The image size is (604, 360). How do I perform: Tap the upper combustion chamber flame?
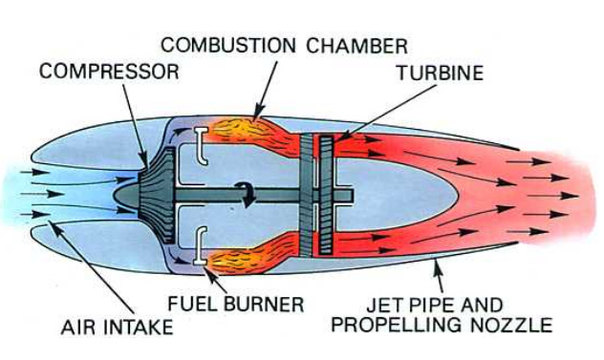258,133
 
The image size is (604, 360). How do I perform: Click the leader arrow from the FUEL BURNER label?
214,278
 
